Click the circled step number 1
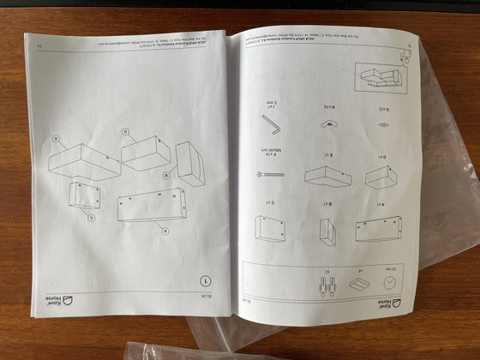pyautogui.click(x=205, y=279)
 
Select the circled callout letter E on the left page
pyautogui.click(x=56, y=137)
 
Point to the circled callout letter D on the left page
pyautogui.click(x=125, y=132)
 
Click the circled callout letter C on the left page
pyautogui.click(x=91, y=217)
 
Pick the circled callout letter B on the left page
pyautogui.click(x=167, y=175)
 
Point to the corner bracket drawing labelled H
pyautogui.click(x=327, y=124)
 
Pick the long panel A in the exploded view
pyautogui.click(x=151, y=205)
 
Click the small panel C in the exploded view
pyautogui.click(x=83, y=195)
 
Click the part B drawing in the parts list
pyautogui.click(x=327, y=230)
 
